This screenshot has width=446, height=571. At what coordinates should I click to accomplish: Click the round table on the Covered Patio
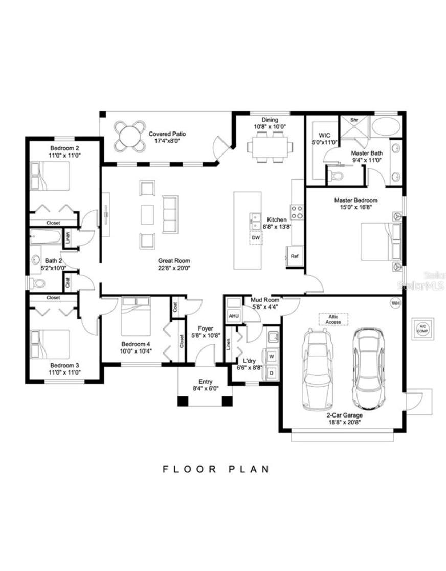pos(129,136)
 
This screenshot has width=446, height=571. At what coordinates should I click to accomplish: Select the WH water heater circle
pos(395,303)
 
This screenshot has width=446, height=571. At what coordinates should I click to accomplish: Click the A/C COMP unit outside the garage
pos(422,328)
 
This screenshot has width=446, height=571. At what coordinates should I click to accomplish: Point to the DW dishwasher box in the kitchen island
pos(256,238)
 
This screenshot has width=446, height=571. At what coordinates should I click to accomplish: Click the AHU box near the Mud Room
pos(234,316)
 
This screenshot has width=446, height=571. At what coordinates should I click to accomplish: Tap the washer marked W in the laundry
pos(271,355)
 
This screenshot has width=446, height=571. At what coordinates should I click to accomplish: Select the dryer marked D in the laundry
pos(271,373)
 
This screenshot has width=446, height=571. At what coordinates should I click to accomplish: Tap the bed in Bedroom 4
pos(136,317)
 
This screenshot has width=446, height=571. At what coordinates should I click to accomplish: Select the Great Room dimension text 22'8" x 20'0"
pos(174,268)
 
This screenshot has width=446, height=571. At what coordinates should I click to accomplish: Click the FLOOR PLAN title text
pos(216,469)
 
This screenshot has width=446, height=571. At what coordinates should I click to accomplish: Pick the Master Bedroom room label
pos(356,200)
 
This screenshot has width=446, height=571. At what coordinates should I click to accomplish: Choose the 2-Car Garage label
pos(345,415)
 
